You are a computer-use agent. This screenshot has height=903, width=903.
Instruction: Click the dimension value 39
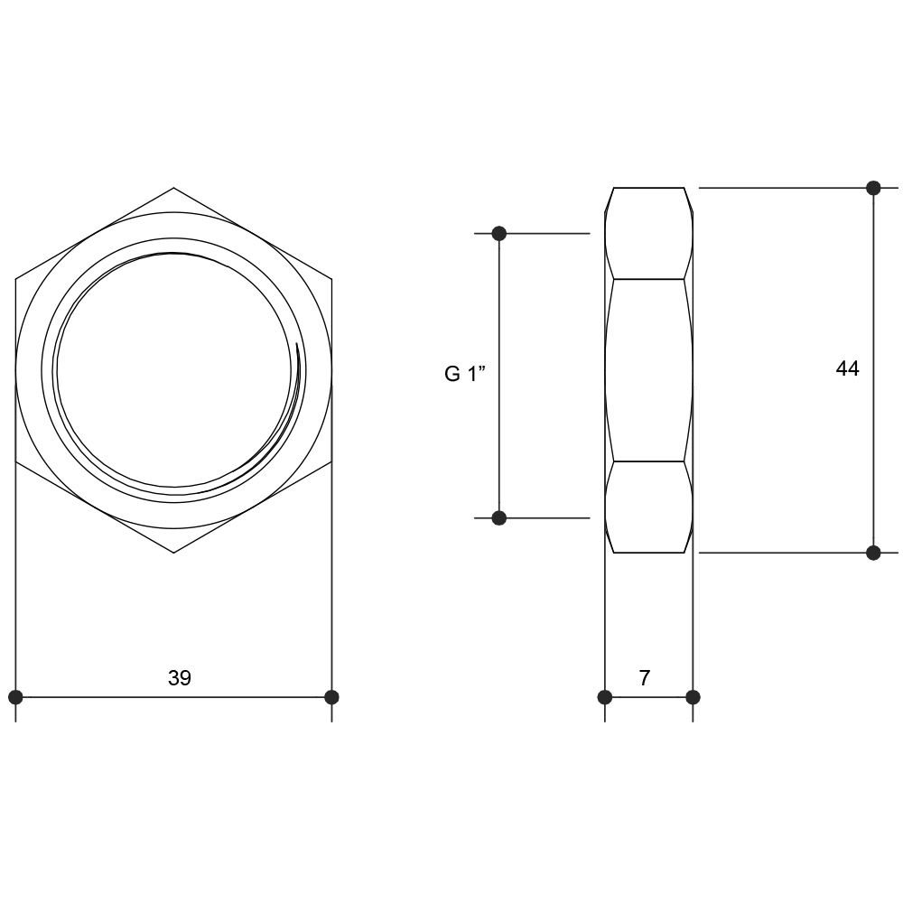point(179,678)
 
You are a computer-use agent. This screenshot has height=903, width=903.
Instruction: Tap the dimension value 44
point(847,368)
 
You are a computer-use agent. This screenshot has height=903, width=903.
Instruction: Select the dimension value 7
point(645,678)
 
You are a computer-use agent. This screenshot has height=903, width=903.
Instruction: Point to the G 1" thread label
point(465,374)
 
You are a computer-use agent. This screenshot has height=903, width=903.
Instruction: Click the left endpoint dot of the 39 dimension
point(15,697)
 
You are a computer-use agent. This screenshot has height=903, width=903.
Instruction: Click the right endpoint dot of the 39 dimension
point(331,697)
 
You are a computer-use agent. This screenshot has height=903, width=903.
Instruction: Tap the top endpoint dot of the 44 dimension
point(873,188)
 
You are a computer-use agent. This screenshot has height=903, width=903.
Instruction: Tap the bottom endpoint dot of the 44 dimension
point(873,553)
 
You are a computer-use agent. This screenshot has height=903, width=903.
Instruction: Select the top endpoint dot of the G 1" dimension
point(499,233)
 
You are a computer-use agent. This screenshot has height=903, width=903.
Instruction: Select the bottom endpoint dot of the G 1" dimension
point(499,517)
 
